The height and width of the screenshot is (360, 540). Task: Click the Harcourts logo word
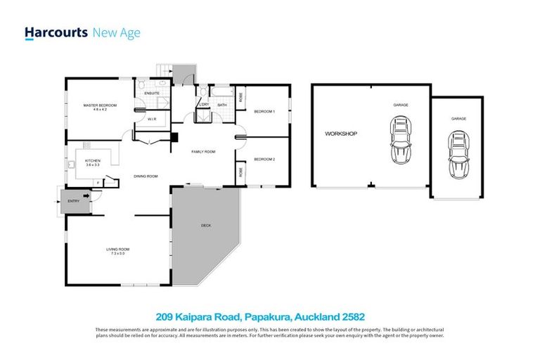pyautogui.click(x=56, y=32)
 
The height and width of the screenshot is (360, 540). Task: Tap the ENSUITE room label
pyautogui.click(x=152, y=93)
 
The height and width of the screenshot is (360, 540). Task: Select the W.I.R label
pyautogui.click(x=152, y=119)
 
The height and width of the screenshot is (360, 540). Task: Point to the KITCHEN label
pyautogui.click(x=93, y=160)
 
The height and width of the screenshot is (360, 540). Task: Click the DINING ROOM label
pyautogui.click(x=146, y=176)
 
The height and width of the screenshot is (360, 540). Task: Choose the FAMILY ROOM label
pyautogui.click(x=204, y=152)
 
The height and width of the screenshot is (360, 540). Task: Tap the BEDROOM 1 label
pyautogui.click(x=264, y=111)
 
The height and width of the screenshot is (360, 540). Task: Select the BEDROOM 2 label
pyautogui.click(x=264, y=159)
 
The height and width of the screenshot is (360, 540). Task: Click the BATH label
pyautogui.click(x=221, y=105)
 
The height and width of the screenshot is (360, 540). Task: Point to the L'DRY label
pyautogui.click(x=205, y=105)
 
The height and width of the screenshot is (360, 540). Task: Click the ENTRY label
pyautogui.click(x=73, y=202)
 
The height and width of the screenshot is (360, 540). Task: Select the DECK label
pyautogui.click(x=206, y=226)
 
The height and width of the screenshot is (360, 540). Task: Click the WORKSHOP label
pyautogui.click(x=341, y=134)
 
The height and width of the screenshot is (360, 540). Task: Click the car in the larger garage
pyautogui.click(x=401, y=139)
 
